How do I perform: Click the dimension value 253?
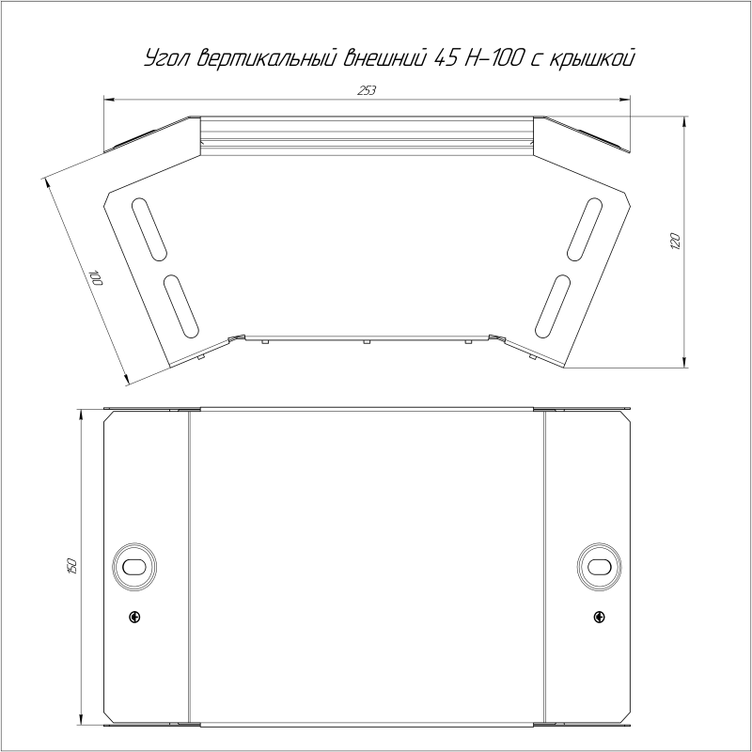coord(367,90)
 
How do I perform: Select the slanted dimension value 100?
coord(96,278)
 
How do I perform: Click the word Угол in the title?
coord(167,58)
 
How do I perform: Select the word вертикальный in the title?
coord(266,57)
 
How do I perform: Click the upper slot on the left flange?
coord(149,228)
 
